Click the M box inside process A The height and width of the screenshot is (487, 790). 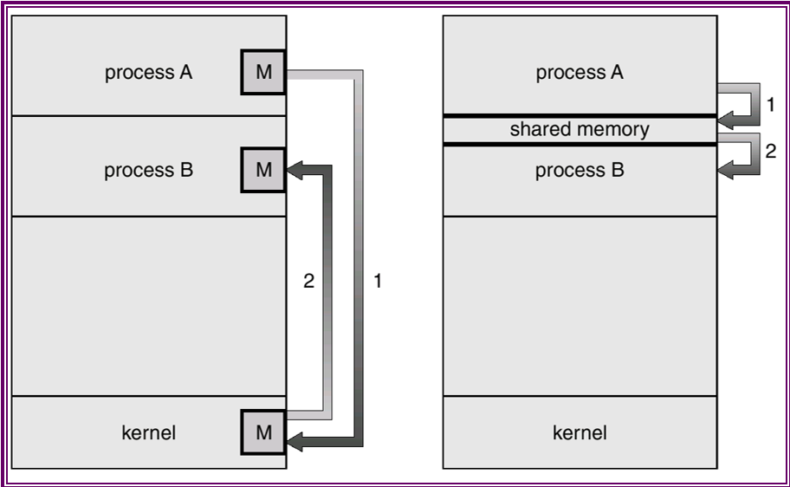pos(263,72)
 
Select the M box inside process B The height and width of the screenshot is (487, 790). pos(263,170)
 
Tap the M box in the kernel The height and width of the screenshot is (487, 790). pos(263,432)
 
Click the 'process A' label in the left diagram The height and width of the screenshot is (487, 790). pos(148,73)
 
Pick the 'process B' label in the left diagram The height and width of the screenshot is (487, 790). pos(148,171)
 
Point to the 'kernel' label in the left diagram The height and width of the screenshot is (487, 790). pos(149,432)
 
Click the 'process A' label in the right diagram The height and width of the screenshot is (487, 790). pos(580,73)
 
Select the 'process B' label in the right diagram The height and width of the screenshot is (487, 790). pos(580,171)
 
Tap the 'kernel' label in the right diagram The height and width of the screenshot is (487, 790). pos(580,432)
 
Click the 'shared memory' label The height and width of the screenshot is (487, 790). pos(580,130)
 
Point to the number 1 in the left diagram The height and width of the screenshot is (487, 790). pos(378,281)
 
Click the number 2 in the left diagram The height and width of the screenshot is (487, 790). pos(308,281)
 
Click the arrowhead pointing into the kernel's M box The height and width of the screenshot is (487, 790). pos(295,444)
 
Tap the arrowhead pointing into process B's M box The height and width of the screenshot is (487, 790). pos(295,170)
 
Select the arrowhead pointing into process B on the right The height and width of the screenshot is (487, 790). pos(726,172)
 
